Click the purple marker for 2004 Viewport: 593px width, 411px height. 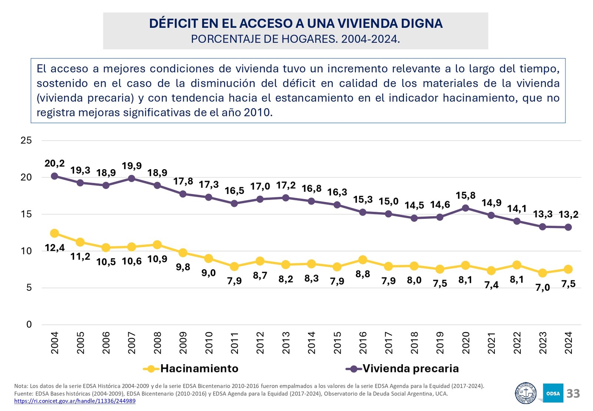click(54, 176)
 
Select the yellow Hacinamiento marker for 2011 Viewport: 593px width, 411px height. click(234, 266)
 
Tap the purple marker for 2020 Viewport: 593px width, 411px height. click(466, 208)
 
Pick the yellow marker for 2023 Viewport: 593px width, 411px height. click(543, 273)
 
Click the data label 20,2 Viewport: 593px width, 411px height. click(54, 163)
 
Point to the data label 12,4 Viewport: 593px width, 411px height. click(54, 248)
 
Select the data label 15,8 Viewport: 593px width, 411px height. click(466, 195)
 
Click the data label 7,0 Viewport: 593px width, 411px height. click(543, 287)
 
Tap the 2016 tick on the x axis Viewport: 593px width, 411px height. click(363, 343)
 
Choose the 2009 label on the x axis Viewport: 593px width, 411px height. click(183, 343)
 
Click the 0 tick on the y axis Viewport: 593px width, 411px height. click(29, 325)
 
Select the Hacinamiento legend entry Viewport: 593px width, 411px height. click(191, 368)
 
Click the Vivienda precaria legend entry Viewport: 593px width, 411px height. click(402, 368)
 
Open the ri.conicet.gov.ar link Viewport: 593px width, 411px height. click(75, 401)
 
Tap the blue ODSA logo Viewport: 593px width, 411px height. click(553, 393)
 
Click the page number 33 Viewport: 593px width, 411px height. click(573, 394)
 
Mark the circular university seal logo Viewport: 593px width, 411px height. click(526, 393)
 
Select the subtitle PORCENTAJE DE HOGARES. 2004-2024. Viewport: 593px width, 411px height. click(295, 39)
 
